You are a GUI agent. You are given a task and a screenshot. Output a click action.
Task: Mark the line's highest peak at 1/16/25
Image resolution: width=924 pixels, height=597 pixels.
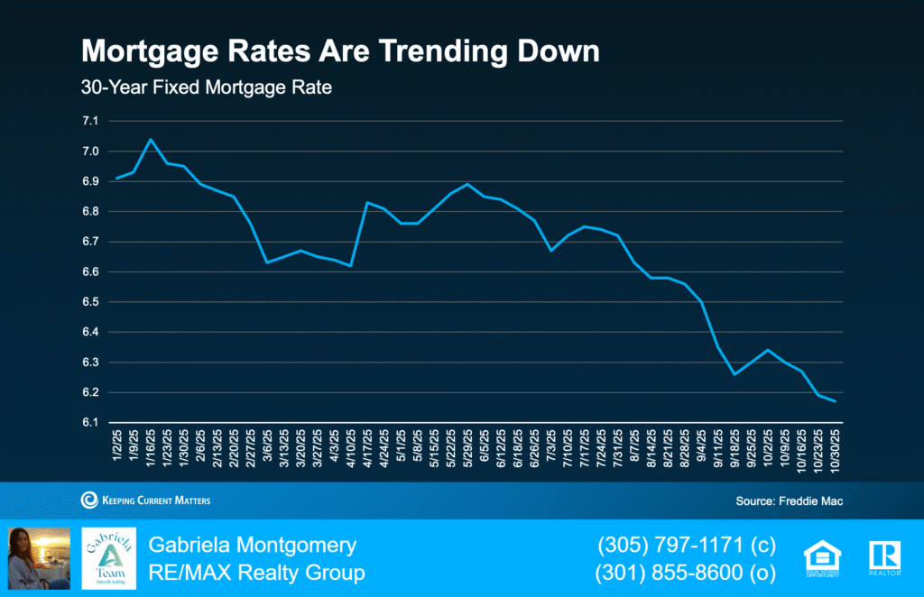(150, 139)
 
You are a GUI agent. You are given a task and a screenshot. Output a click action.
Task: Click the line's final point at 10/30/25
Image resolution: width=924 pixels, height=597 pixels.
(835, 401)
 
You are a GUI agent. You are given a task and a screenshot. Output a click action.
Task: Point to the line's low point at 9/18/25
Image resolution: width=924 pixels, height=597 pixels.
(735, 374)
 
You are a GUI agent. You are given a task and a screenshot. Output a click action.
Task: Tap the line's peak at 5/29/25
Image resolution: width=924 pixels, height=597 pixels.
(467, 184)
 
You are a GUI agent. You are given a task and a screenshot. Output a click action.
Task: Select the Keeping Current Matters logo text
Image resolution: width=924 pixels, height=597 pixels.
(145, 501)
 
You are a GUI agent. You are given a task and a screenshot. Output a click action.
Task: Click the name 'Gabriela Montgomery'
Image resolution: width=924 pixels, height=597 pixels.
(253, 545)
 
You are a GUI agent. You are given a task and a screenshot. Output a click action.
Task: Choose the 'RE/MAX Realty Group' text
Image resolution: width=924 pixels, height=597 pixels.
(256, 573)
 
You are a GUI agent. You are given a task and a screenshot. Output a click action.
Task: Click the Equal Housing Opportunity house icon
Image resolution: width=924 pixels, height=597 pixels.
(822, 557)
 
